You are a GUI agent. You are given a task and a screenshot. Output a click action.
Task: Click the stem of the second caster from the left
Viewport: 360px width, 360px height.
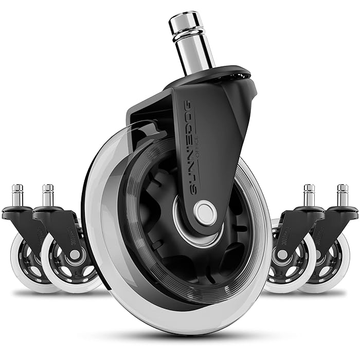tap(48, 196)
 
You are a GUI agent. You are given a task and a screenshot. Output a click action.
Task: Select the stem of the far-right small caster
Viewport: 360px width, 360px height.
tap(342, 196)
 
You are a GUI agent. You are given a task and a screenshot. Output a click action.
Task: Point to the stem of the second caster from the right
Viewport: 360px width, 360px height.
tap(310, 196)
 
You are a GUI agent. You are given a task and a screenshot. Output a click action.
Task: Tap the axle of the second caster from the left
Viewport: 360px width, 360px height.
tap(75, 255)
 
